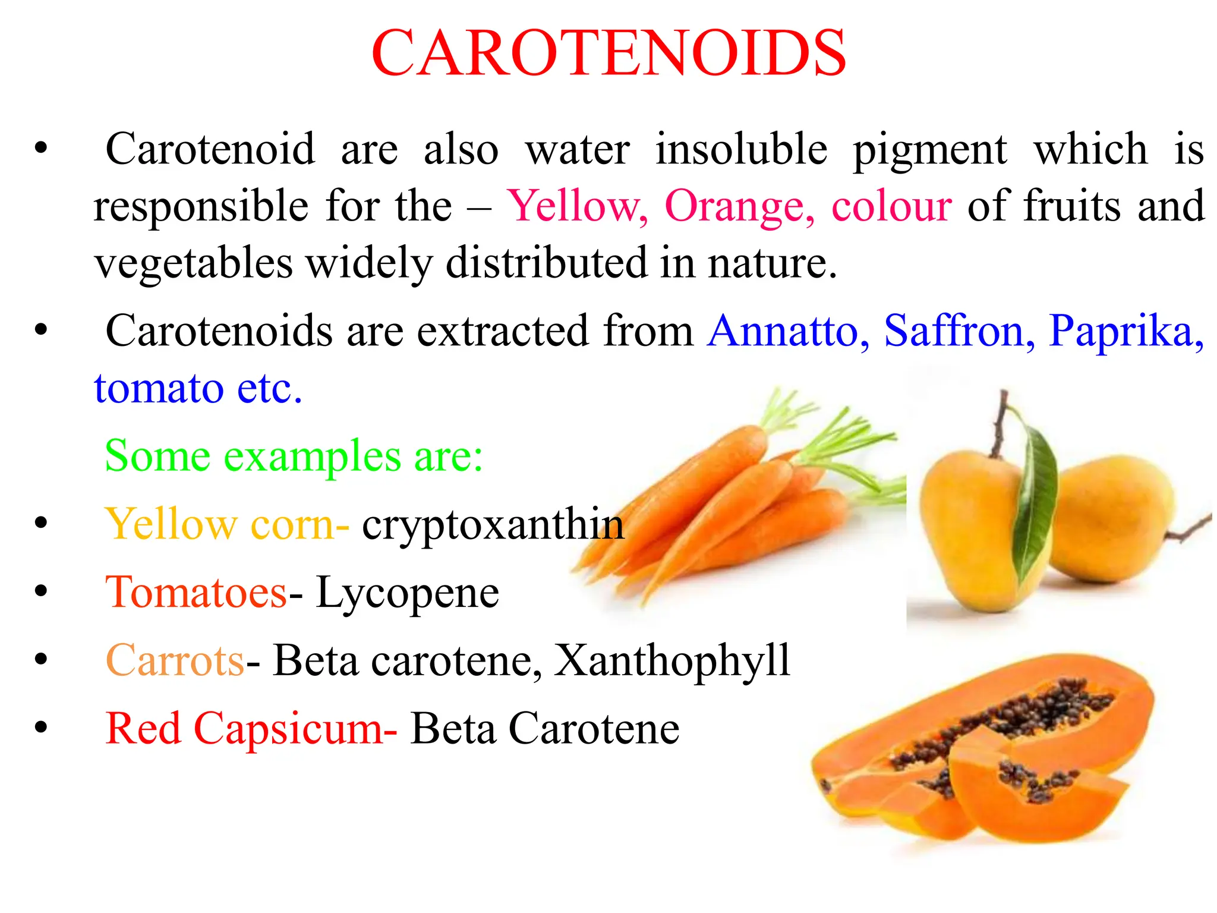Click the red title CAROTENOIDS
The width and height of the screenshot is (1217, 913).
(608, 53)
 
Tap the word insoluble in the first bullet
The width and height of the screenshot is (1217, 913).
(741, 149)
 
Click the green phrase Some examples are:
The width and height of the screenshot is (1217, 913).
(294, 456)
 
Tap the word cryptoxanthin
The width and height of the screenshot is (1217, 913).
(493, 525)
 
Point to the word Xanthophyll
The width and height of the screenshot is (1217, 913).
(672, 660)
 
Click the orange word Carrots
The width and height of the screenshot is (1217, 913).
(175, 660)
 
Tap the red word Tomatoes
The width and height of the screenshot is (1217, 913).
(196, 593)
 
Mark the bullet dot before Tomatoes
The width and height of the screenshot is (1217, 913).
(40, 591)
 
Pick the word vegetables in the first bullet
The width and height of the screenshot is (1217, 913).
(194, 263)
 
